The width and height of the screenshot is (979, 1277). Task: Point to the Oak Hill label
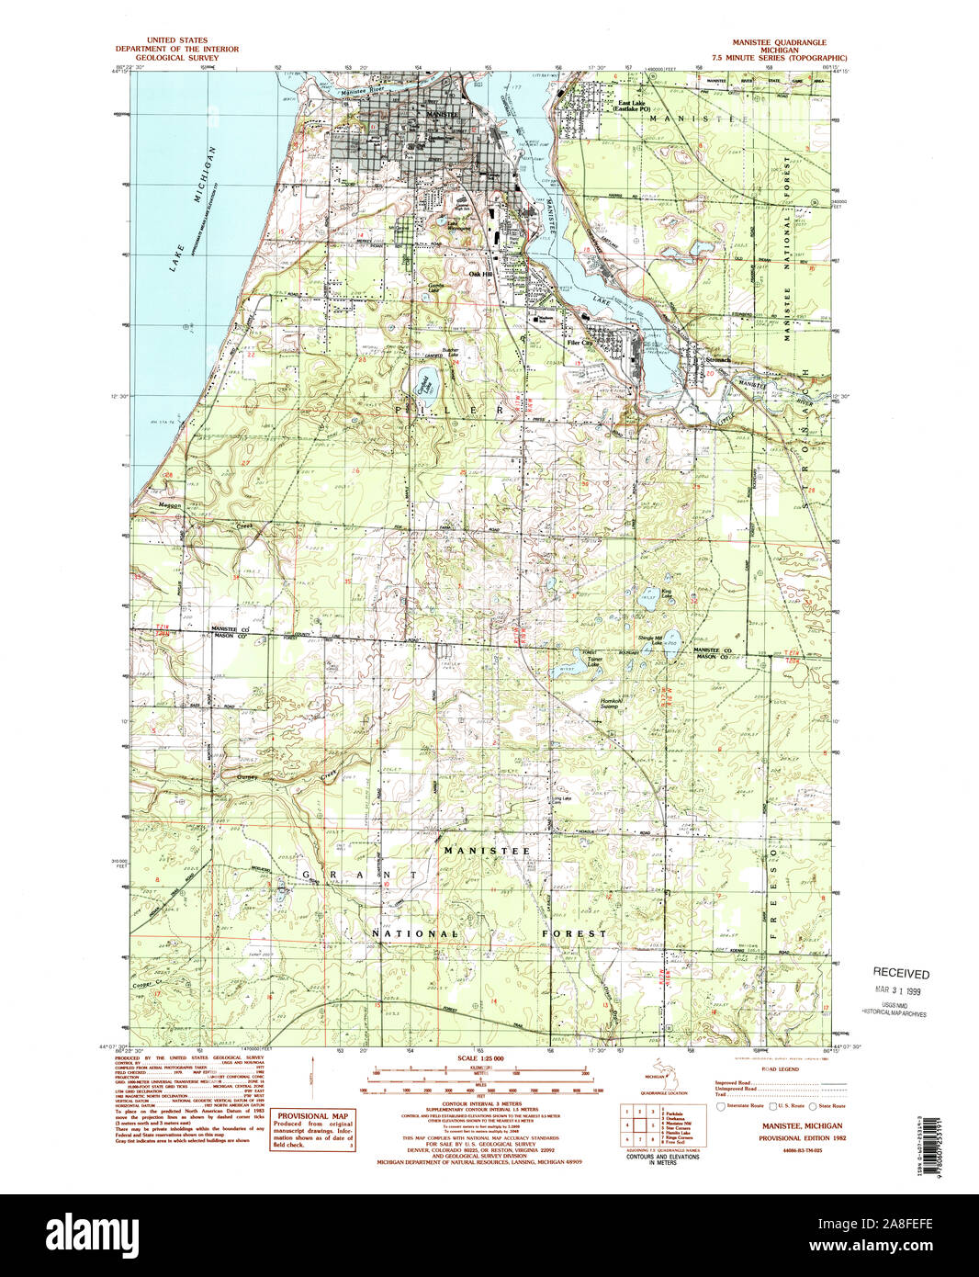tap(480, 274)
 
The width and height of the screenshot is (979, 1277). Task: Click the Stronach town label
tap(717, 360)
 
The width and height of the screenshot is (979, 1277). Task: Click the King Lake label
tap(667, 593)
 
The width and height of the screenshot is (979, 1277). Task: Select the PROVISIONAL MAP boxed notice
tap(311, 1129)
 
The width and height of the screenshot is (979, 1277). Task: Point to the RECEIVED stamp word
tap(900, 974)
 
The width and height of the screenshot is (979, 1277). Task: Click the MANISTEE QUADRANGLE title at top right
tap(778, 42)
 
